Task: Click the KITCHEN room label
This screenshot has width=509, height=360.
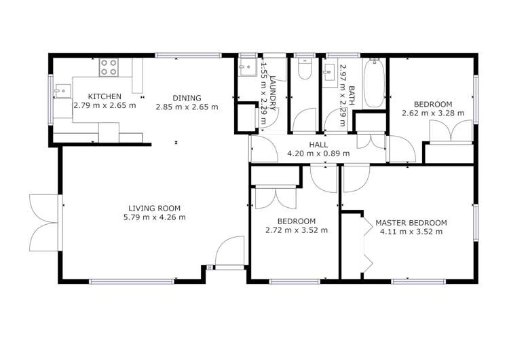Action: [105, 96]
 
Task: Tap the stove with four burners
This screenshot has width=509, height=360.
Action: [109, 67]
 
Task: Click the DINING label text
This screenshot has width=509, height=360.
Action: [187, 96]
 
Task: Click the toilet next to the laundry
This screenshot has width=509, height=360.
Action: [303, 70]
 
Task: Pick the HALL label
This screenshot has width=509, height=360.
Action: [318, 145]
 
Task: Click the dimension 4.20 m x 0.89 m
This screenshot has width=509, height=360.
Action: [318, 154]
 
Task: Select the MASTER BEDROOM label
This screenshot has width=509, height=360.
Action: [411, 222]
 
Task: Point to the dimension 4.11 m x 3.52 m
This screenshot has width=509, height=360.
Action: [411, 232]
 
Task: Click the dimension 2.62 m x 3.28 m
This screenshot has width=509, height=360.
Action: [433, 113]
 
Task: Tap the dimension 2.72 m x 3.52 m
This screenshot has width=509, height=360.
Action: [297, 230]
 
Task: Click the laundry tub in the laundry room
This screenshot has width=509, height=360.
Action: [246, 67]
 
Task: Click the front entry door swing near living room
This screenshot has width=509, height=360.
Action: [231, 251]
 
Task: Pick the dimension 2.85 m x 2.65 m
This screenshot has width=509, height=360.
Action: [187, 107]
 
